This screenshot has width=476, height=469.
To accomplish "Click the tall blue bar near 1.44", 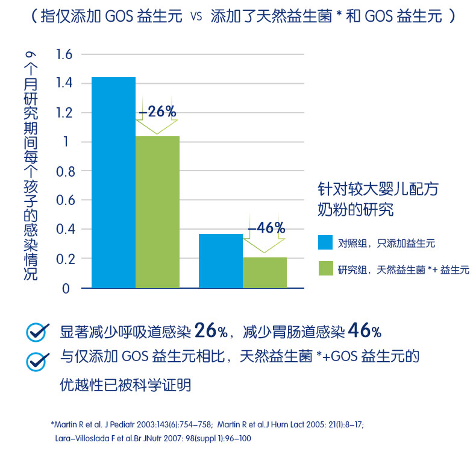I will pyautogui.click(x=113, y=182).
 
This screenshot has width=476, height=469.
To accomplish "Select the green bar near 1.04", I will pyautogui.click(x=157, y=212).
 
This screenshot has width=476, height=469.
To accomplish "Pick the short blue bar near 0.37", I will pyautogui.click(x=221, y=260).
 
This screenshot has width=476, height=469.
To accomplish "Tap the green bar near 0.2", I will pyautogui.click(x=265, y=272).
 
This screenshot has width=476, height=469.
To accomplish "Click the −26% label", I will pyautogui.click(x=157, y=112).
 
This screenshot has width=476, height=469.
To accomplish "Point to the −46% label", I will pyautogui.click(x=266, y=228).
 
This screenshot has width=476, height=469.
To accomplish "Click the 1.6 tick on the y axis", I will pyautogui.click(x=64, y=55).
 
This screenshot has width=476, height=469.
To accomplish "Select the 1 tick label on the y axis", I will pyautogui.click(x=68, y=142).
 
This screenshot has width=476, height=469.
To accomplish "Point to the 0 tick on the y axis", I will pyautogui.click(x=67, y=288).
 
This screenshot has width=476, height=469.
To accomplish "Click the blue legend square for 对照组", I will pyautogui.click(x=325, y=243).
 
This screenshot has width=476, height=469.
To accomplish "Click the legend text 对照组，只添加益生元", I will pyautogui.click(x=386, y=244).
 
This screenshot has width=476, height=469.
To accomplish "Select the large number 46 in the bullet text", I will pyautogui.click(x=359, y=330).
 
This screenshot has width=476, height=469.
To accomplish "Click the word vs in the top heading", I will pyautogui.click(x=196, y=17).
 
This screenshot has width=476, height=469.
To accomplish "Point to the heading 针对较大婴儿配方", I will pyautogui.click(x=378, y=189).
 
